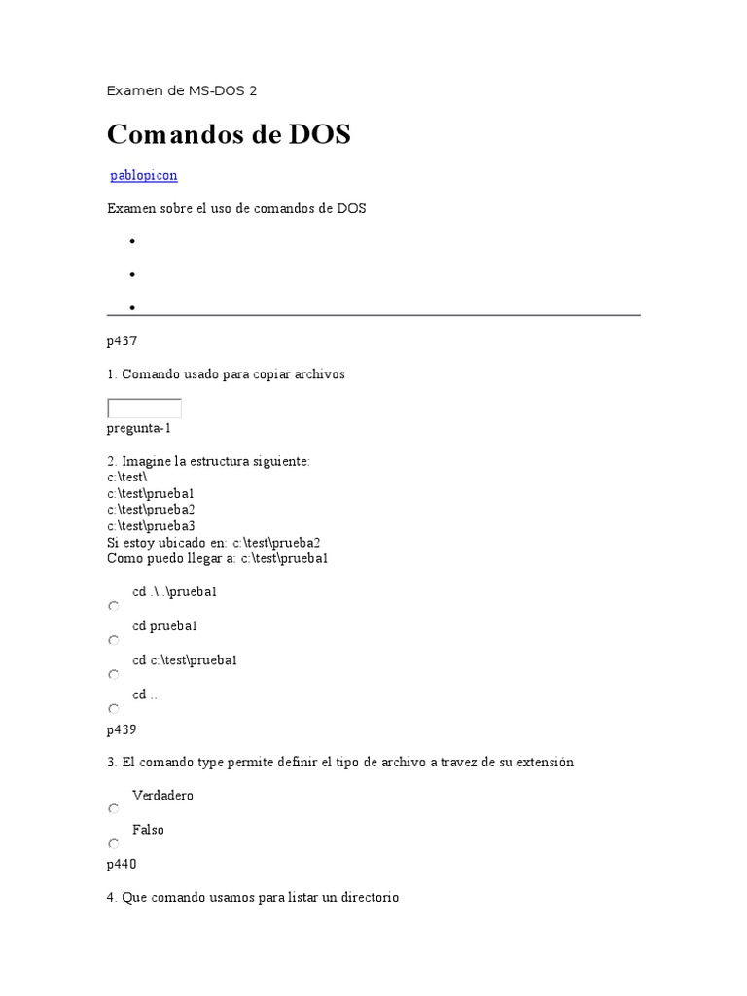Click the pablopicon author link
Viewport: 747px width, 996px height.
pos(144,176)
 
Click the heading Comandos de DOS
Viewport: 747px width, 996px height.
pos(229,134)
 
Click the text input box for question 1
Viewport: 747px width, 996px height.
pos(144,409)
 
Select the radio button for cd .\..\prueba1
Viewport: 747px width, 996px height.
pos(114,606)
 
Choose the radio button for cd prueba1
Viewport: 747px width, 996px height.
pos(114,640)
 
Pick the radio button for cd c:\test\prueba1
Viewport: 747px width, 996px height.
pos(114,674)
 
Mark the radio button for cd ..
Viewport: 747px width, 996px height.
pos(114,708)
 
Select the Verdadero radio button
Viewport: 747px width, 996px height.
pos(114,809)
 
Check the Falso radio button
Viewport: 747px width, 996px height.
pos(114,843)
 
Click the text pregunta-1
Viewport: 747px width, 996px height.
pos(139,428)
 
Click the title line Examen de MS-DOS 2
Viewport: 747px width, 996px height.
pos(182,91)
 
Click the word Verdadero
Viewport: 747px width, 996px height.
pos(162,796)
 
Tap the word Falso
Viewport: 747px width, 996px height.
pos(148,830)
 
